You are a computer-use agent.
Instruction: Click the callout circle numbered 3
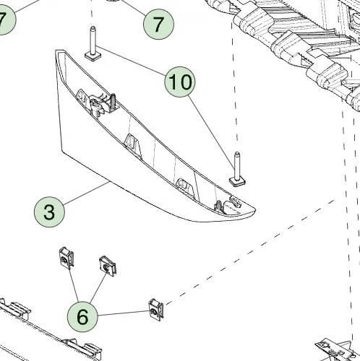point(49,212)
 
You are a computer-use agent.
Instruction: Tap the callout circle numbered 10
point(180,82)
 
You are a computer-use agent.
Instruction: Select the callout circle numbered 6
point(82,317)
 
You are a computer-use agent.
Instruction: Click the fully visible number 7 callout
point(158,24)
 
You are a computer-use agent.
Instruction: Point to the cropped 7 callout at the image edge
point(5,19)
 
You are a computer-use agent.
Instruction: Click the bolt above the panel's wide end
point(93,44)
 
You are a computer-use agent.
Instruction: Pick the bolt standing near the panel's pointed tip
point(237,169)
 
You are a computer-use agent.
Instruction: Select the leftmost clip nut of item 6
point(66,258)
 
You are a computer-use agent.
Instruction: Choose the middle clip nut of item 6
point(108,266)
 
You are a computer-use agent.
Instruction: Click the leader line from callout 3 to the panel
point(87,193)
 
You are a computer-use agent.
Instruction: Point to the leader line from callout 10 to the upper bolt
point(131,61)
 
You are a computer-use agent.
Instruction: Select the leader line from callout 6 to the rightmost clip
point(124,313)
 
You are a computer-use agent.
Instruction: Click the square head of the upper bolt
point(93,57)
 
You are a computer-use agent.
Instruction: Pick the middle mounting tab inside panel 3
point(133,145)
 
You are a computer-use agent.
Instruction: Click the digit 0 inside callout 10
point(186,82)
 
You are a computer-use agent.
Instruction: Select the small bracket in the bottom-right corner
point(338,349)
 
